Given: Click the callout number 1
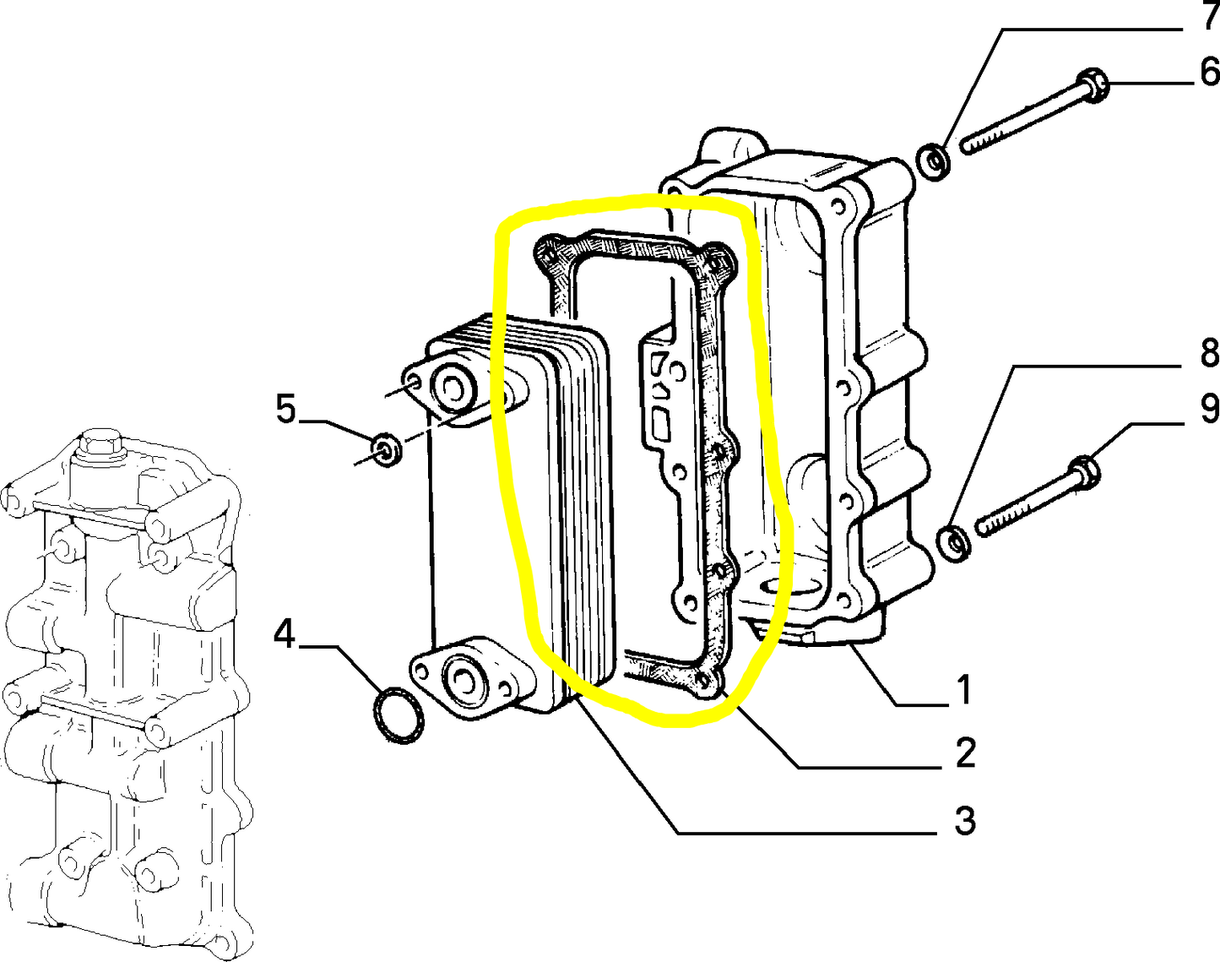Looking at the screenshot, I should click(x=963, y=689).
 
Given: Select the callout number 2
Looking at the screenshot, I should click(x=965, y=753).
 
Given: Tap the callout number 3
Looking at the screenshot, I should click(x=964, y=819).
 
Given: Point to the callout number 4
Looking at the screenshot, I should click(x=285, y=633).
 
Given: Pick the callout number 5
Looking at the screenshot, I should click(x=285, y=409).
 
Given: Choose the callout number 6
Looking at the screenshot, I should click(x=1209, y=72).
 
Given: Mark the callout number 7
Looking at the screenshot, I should click(x=1209, y=17).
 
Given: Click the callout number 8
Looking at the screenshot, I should click(x=1209, y=352).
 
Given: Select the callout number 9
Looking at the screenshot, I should click(x=1209, y=408).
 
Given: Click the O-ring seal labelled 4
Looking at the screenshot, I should click(x=398, y=716).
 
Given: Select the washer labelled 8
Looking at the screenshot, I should click(x=954, y=541).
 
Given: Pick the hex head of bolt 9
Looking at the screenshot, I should click(x=1083, y=473).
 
